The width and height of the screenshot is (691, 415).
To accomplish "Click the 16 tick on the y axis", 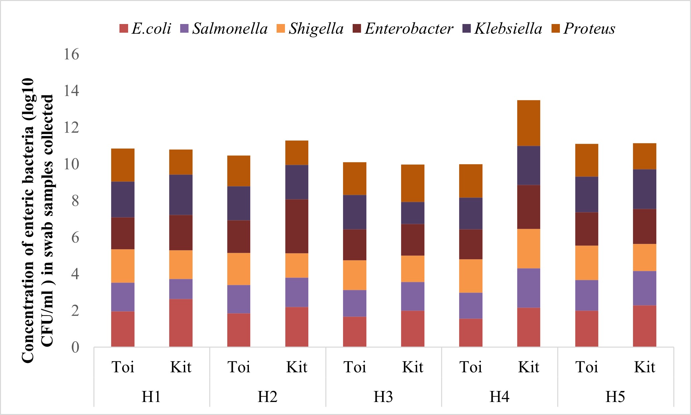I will point(71,54).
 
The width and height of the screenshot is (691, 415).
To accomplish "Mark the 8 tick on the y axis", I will point(75,201).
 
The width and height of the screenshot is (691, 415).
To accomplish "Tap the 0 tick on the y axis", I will point(75,347).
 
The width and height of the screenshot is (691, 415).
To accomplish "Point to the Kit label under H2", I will point(297,367).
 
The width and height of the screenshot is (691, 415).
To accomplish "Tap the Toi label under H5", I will point(587,367).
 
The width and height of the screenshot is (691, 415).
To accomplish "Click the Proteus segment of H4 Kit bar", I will point(529,123).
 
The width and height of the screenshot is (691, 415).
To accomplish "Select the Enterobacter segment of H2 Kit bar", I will point(297,226).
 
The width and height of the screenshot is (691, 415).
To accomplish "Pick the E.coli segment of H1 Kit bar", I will point(181,323).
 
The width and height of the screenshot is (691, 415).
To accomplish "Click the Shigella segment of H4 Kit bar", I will point(529,249).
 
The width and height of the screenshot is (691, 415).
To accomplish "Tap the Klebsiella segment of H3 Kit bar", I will point(412,213).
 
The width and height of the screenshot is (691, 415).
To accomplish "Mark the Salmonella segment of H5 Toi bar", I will point(587,295).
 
